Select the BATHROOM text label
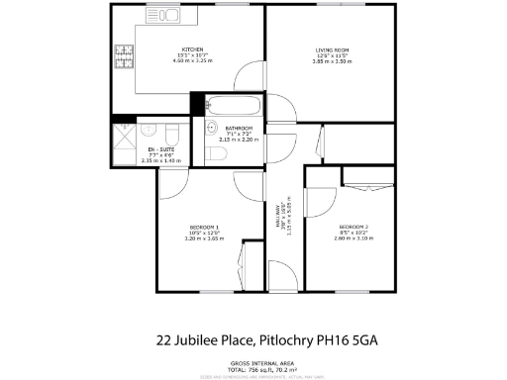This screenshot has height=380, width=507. coord(239,129)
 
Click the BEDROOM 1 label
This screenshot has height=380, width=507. coord(205,227)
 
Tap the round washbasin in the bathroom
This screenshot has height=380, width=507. coord(212,128)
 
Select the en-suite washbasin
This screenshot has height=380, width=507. coord(148,128)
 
